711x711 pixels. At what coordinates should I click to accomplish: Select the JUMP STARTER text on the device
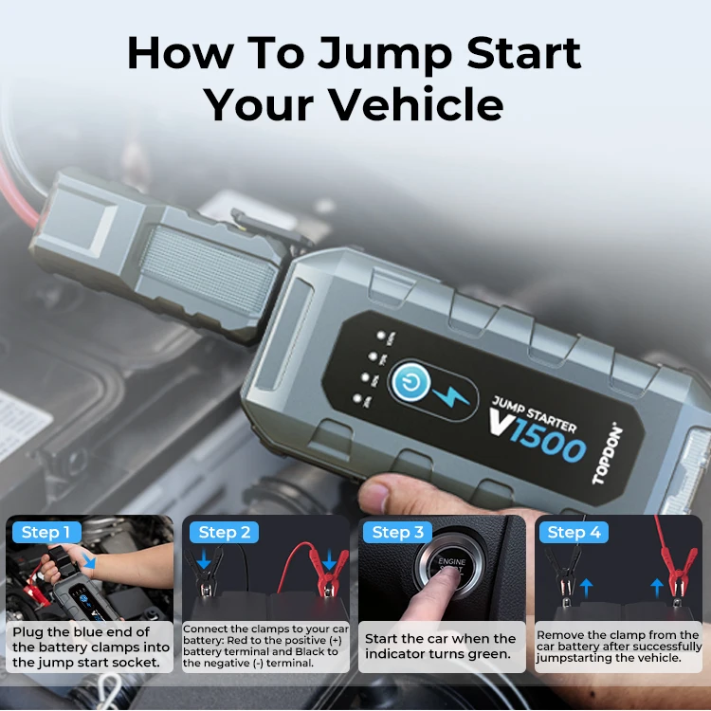535,410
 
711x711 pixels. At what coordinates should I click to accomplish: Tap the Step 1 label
46,532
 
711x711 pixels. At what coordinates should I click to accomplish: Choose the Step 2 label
224,532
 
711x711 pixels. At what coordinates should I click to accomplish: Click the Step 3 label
397,532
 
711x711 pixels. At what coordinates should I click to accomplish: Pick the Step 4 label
574,532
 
